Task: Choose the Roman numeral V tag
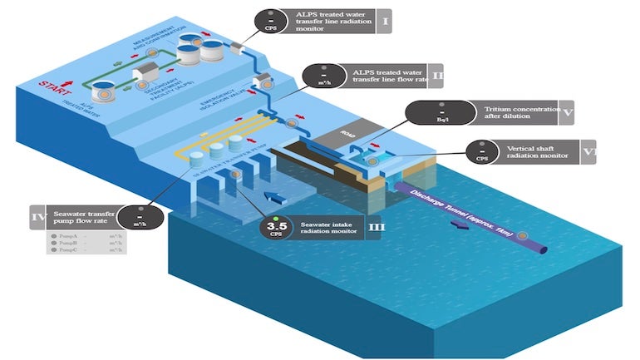[x=565, y=112]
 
